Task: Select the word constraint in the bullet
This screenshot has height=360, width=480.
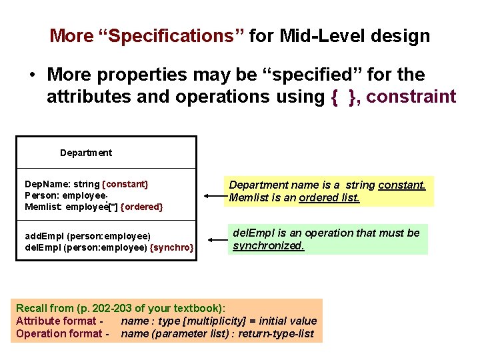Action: pyautogui.click(x=411, y=97)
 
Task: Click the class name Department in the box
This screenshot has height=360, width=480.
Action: pyautogui.click(x=86, y=153)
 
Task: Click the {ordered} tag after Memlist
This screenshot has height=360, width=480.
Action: pyautogui.click(x=141, y=207)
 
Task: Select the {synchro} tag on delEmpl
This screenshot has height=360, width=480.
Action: pyautogui.click(x=173, y=248)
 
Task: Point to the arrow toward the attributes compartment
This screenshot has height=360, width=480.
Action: pyautogui.click(x=213, y=197)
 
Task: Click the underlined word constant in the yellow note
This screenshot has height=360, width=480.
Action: pyautogui.click(x=401, y=185)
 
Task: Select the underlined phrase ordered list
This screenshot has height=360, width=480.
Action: pyautogui.click(x=329, y=198)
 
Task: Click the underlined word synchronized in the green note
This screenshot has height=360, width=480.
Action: pyautogui.click(x=268, y=246)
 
